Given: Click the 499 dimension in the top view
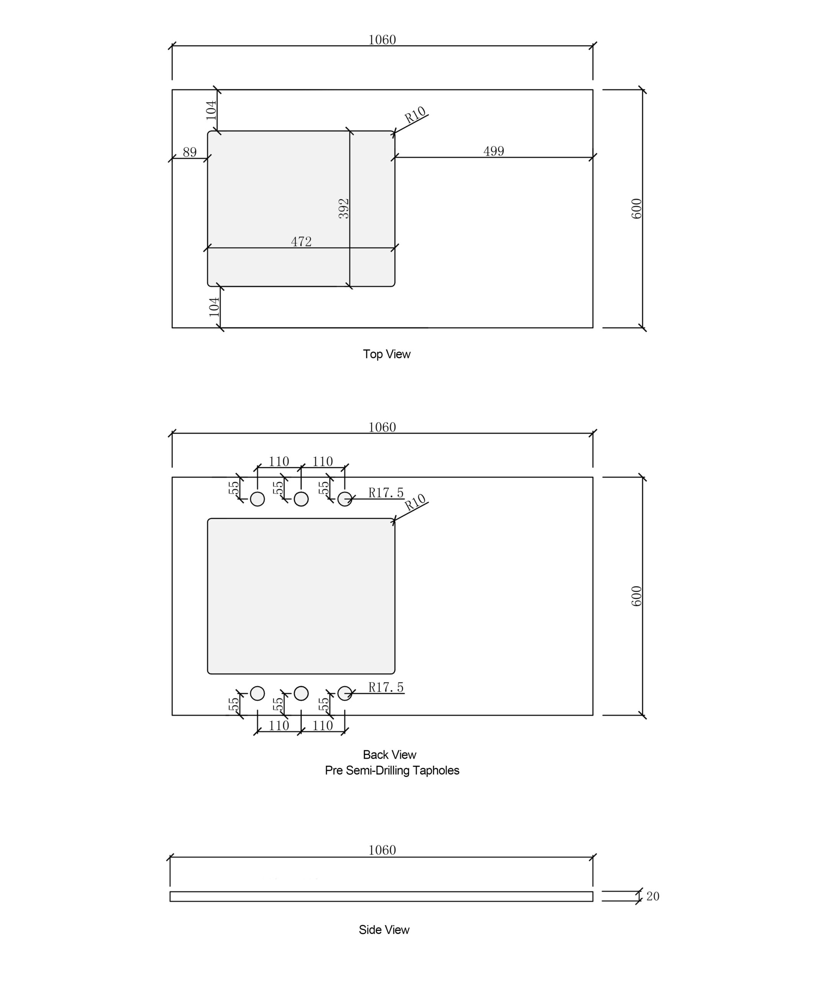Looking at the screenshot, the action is click(494, 151).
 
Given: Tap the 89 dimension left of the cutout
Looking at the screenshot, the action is click(190, 152).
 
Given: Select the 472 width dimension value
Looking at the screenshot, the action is click(301, 242).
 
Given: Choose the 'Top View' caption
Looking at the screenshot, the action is click(387, 354).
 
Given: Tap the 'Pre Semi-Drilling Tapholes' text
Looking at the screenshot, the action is click(392, 770).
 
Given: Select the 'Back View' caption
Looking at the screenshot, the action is click(390, 755).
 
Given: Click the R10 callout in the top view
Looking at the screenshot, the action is click(415, 115).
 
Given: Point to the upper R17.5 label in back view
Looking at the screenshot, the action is click(386, 493).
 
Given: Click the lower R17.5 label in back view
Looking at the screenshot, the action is click(386, 687).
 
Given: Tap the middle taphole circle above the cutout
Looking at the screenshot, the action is click(301, 499).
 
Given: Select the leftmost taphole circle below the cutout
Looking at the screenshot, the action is click(257, 694).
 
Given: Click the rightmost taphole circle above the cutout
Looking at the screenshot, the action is click(345, 499).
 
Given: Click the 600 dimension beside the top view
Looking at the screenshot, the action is click(637, 209).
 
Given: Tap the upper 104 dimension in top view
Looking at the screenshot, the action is click(211, 110).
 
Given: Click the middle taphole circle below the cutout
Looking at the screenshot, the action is click(301, 694).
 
